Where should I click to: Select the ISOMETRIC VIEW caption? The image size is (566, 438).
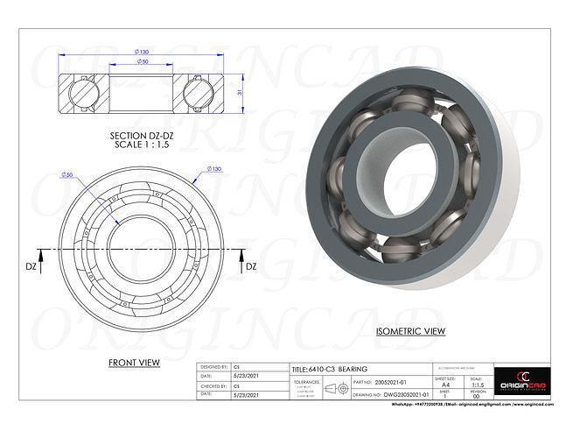pos(410,332)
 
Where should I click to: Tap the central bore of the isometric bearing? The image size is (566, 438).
pos(409,180)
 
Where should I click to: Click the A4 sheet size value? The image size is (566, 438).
pos(447,383)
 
